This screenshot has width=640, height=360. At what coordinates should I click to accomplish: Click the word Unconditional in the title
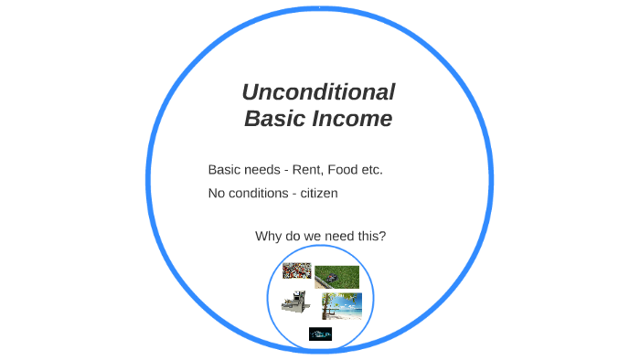[318, 92]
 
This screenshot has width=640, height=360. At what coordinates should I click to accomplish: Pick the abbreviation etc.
[372, 170]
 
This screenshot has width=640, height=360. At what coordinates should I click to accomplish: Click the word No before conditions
[218, 193]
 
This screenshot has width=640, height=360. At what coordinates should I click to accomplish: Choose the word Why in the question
[269, 237]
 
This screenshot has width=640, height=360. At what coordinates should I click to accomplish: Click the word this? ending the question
[368, 237]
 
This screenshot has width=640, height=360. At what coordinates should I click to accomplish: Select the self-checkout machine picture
[297, 302]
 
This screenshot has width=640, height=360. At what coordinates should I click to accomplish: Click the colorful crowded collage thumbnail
[296, 270]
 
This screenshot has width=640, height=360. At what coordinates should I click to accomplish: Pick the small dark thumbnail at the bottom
[320, 334]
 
